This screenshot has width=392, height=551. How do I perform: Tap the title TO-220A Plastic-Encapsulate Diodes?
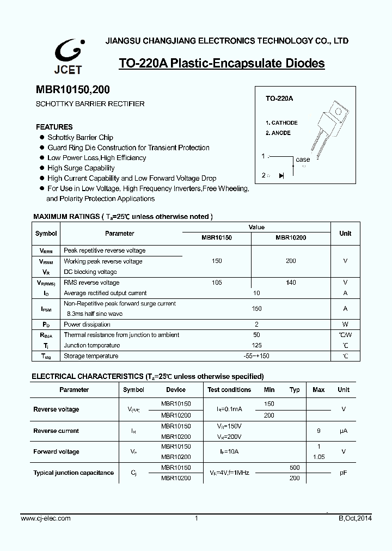click(222, 64)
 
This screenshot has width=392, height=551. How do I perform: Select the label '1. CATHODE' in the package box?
click(281, 123)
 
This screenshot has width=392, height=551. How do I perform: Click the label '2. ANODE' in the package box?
click(278, 133)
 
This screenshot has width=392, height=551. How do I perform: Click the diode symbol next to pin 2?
click(281, 175)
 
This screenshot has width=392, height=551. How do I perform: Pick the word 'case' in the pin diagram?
click(303, 160)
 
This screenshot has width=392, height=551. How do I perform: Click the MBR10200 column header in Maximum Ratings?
click(291, 238)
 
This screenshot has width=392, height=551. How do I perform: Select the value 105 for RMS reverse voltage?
click(217, 283)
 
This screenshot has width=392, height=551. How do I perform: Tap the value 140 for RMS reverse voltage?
click(291, 283)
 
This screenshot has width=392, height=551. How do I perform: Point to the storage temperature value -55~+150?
click(256, 356)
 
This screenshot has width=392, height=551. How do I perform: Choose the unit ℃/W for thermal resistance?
click(345, 335)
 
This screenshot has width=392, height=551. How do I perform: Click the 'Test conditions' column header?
click(229, 390)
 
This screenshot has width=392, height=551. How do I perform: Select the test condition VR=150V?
click(229, 426)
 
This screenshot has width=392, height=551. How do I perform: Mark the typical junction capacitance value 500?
click(295, 468)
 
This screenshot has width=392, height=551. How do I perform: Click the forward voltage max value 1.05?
click(319, 457)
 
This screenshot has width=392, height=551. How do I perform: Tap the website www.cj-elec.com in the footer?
click(46, 518)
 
